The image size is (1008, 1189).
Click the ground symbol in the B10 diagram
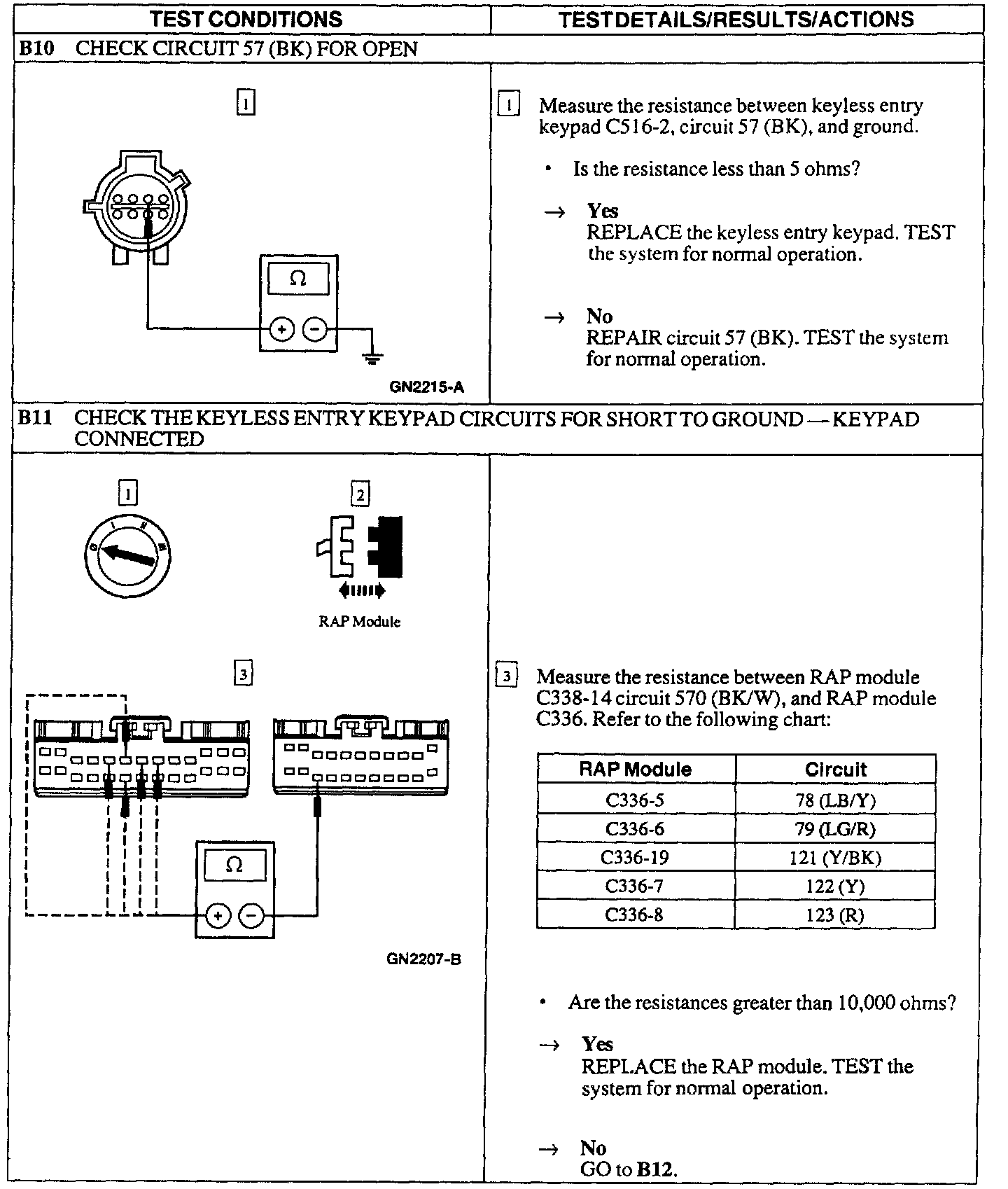372,358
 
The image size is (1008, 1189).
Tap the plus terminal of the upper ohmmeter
281,328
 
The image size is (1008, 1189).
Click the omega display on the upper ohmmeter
298,279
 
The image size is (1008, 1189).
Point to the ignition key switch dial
127,555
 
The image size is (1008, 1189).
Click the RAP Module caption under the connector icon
359,621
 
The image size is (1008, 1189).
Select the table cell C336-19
634,858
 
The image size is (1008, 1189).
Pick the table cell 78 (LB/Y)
835,800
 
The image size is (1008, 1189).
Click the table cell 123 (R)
835,915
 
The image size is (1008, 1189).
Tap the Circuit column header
835,770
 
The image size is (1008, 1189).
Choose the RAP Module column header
635,770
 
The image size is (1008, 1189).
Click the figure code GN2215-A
427,387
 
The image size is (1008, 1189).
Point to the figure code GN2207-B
423,959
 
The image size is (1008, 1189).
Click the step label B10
35,49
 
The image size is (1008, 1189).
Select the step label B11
35,418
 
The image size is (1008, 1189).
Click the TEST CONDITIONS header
246,19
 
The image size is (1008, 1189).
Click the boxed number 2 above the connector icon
360,494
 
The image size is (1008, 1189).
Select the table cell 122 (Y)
835,886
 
